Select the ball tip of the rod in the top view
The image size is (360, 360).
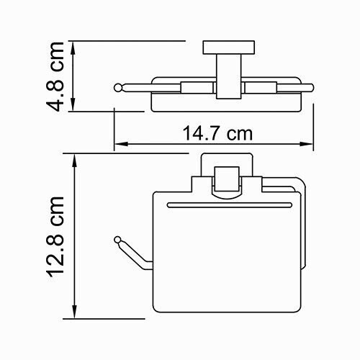[x=118, y=88]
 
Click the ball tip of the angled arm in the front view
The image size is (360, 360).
[x=117, y=238]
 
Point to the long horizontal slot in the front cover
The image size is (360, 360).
[x=228, y=205]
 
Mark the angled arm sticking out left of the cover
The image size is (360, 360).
[x=133, y=253]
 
